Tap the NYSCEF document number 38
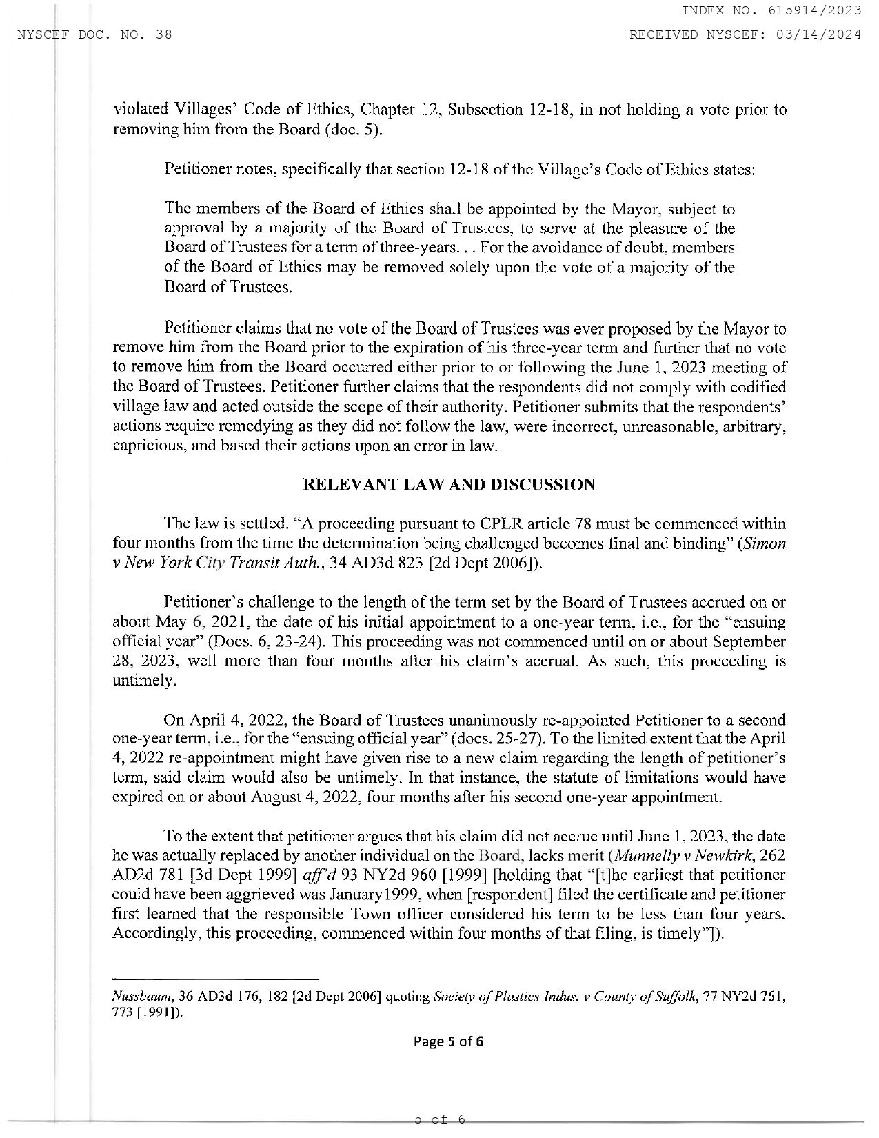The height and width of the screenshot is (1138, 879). click(164, 34)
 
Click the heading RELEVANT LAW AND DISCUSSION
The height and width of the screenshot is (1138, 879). click(449, 485)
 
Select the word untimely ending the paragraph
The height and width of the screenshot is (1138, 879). click(137, 681)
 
